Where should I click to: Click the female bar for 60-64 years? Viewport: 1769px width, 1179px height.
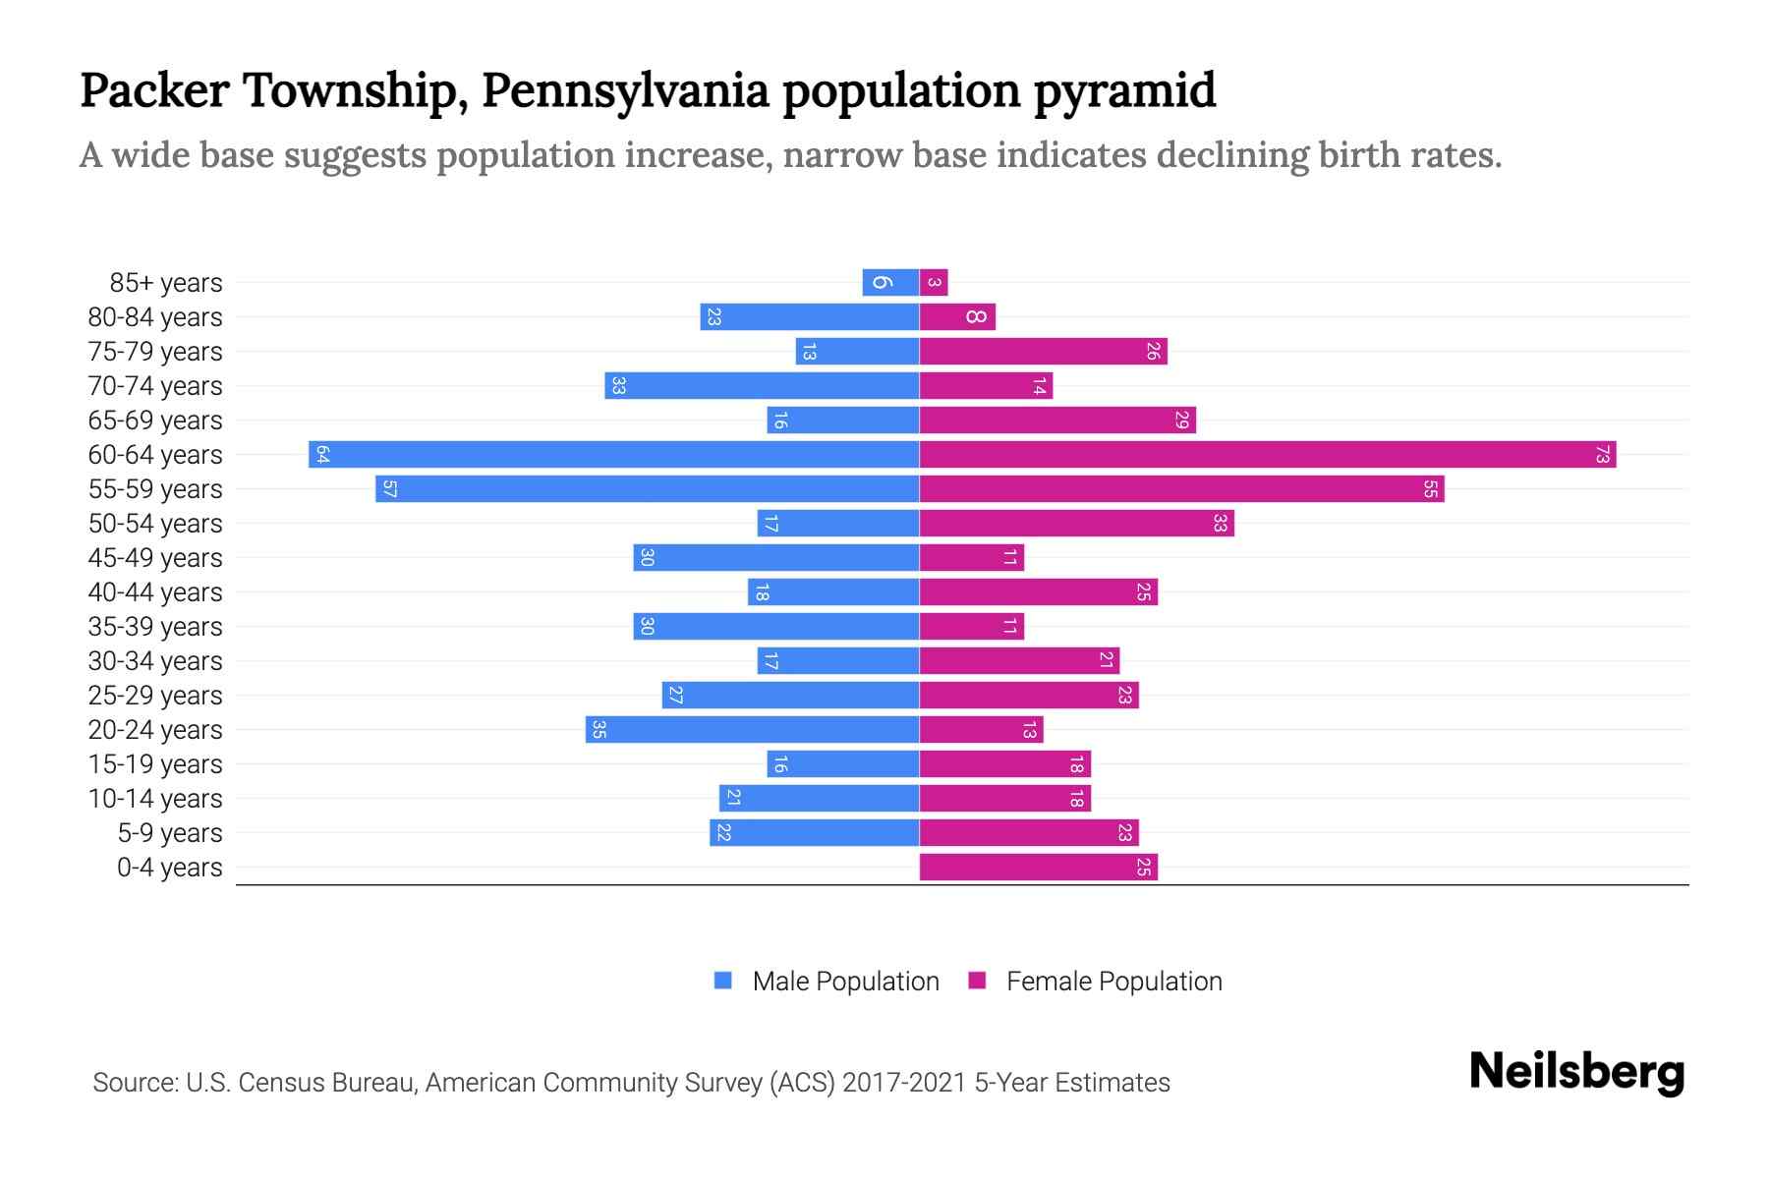click(x=1268, y=455)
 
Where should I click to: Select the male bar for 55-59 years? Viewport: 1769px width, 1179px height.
click(x=647, y=489)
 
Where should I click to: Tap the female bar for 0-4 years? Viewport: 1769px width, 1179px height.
click(x=1038, y=868)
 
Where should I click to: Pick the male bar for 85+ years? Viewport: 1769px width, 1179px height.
click(x=890, y=283)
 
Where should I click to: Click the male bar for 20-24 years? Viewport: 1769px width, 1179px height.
click(x=752, y=730)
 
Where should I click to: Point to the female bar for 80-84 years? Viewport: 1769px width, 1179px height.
click(x=957, y=317)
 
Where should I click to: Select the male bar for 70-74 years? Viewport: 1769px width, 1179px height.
click(x=762, y=386)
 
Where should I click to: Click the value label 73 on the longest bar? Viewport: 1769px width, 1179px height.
click(x=1602, y=455)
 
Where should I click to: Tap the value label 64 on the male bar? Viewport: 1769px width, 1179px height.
click(x=322, y=455)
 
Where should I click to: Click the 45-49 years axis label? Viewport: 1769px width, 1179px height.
click(x=155, y=558)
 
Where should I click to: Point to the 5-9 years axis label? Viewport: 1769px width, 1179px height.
click(x=170, y=833)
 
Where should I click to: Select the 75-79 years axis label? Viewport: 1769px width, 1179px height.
click(x=155, y=352)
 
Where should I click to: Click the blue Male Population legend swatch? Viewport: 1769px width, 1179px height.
click(x=723, y=981)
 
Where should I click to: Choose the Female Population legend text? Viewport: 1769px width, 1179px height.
click(x=1113, y=982)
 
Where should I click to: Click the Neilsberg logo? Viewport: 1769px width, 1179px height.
click(x=1576, y=1072)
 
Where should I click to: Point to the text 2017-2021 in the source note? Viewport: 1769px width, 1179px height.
click(x=904, y=1083)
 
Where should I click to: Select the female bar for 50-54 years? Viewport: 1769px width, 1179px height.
click(x=1076, y=524)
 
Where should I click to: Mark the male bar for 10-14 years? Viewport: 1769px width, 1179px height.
click(x=819, y=799)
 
